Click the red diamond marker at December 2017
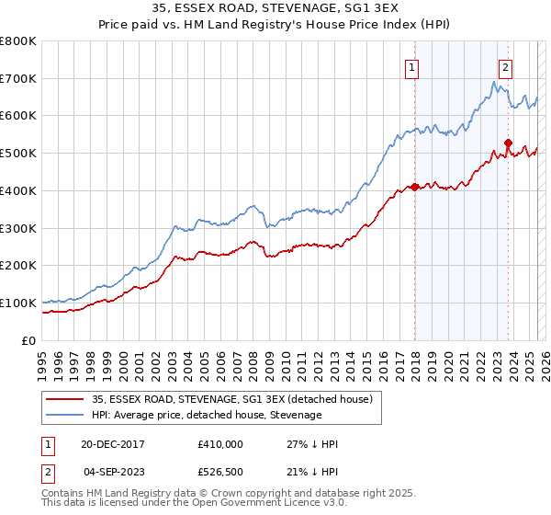(414, 187)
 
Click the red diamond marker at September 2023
(508, 143)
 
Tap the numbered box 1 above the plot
(412, 66)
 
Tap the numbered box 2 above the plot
(506, 66)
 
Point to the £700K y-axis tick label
(18, 79)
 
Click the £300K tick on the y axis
(18, 228)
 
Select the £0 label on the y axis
(29, 340)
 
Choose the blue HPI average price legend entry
(207, 415)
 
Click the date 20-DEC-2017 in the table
(113, 444)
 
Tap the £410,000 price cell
(220, 444)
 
